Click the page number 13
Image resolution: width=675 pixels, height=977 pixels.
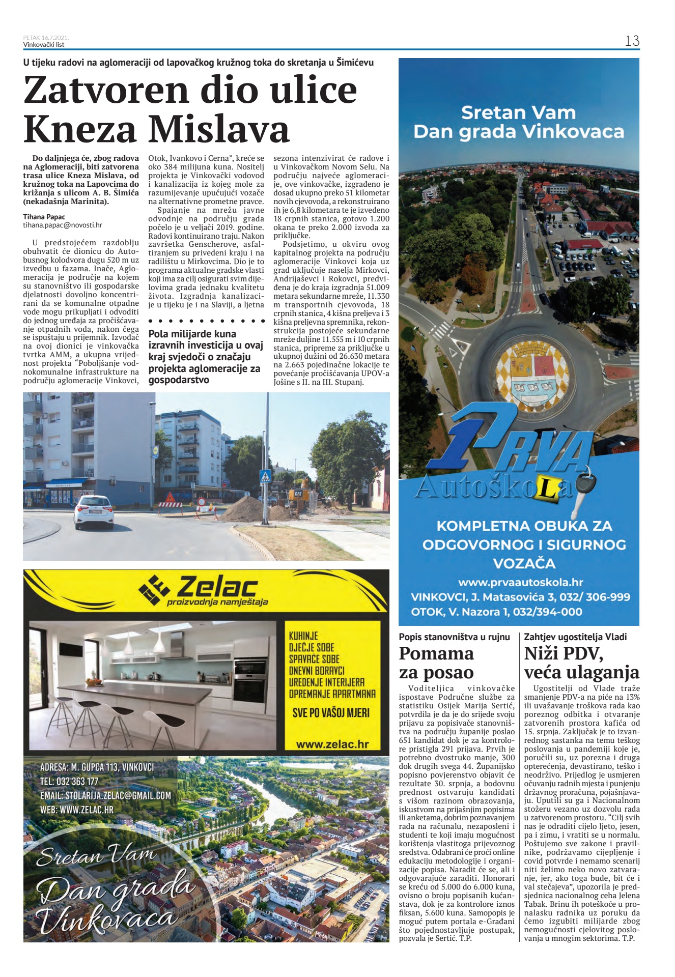632,41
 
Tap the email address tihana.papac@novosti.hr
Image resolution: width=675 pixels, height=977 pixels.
63,225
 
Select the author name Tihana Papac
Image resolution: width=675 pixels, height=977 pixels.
44,217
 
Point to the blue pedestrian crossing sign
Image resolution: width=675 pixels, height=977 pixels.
265,477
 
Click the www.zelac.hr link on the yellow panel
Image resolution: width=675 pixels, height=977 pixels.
332,744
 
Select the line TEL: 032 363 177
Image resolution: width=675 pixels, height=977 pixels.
69,781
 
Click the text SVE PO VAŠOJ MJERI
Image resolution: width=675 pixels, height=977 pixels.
331,712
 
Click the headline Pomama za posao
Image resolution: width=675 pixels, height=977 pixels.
437,663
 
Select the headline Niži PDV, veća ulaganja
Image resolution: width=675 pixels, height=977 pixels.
581,663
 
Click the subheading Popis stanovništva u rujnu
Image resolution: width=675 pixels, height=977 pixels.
454,637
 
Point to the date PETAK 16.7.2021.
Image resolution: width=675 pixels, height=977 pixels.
46,38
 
